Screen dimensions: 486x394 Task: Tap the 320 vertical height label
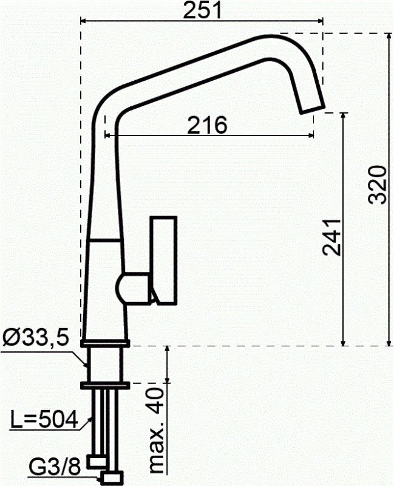click(378, 184)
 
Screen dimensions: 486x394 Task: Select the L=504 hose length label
click(44, 419)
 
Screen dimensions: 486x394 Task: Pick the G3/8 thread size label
click(55, 467)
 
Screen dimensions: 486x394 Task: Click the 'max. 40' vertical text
click(155, 431)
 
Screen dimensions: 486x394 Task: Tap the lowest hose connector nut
click(114, 476)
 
